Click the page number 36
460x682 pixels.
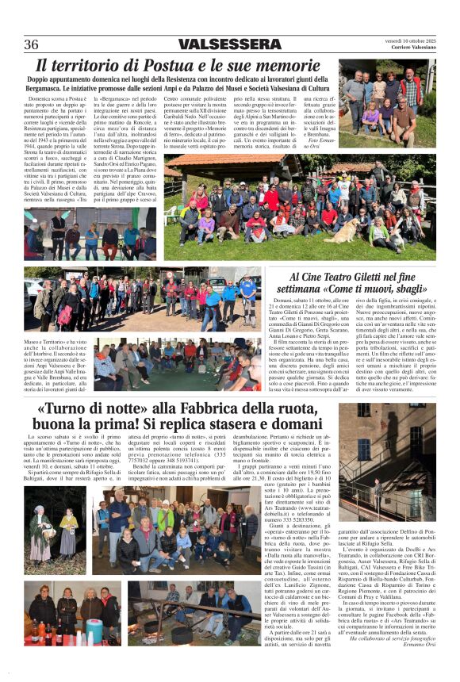click(x=33, y=44)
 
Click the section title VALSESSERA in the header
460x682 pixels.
click(x=228, y=44)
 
